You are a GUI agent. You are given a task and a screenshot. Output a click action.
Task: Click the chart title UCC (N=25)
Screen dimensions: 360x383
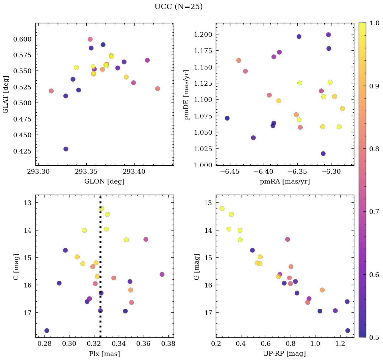pyautogui.click(x=178, y=7)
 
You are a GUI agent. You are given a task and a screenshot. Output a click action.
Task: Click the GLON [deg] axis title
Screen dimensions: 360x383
pyautogui.click(x=104, y=182)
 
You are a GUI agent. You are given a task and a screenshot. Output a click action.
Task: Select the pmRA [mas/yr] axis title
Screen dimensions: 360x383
pyautogui.click(x=285, y=182)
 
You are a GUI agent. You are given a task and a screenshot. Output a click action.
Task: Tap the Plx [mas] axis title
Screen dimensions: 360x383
pyautogui.click(x=104, y=354)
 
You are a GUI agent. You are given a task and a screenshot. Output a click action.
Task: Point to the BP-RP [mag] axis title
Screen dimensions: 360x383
pyautogui.click(x=285, y=354)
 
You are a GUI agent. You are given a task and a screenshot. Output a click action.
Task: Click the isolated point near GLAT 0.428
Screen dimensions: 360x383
pyautogui.click(x=66, y=149)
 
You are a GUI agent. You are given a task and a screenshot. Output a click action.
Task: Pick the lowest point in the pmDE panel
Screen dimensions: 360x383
pyautogui.click(x=323, y=154)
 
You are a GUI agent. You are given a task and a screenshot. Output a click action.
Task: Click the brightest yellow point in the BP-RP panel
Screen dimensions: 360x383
pyautogui.click(x=222, y=209)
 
